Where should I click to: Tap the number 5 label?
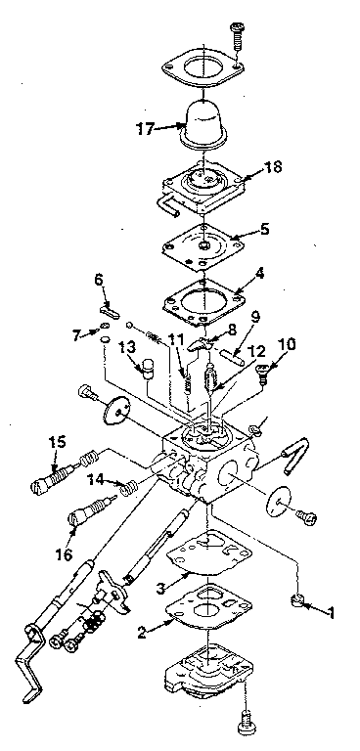point(264,229)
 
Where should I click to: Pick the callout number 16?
point(64,554)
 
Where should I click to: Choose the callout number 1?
point(330,612)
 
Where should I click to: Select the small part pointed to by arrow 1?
point(298,599)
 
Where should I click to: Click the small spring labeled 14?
point(127,489)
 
